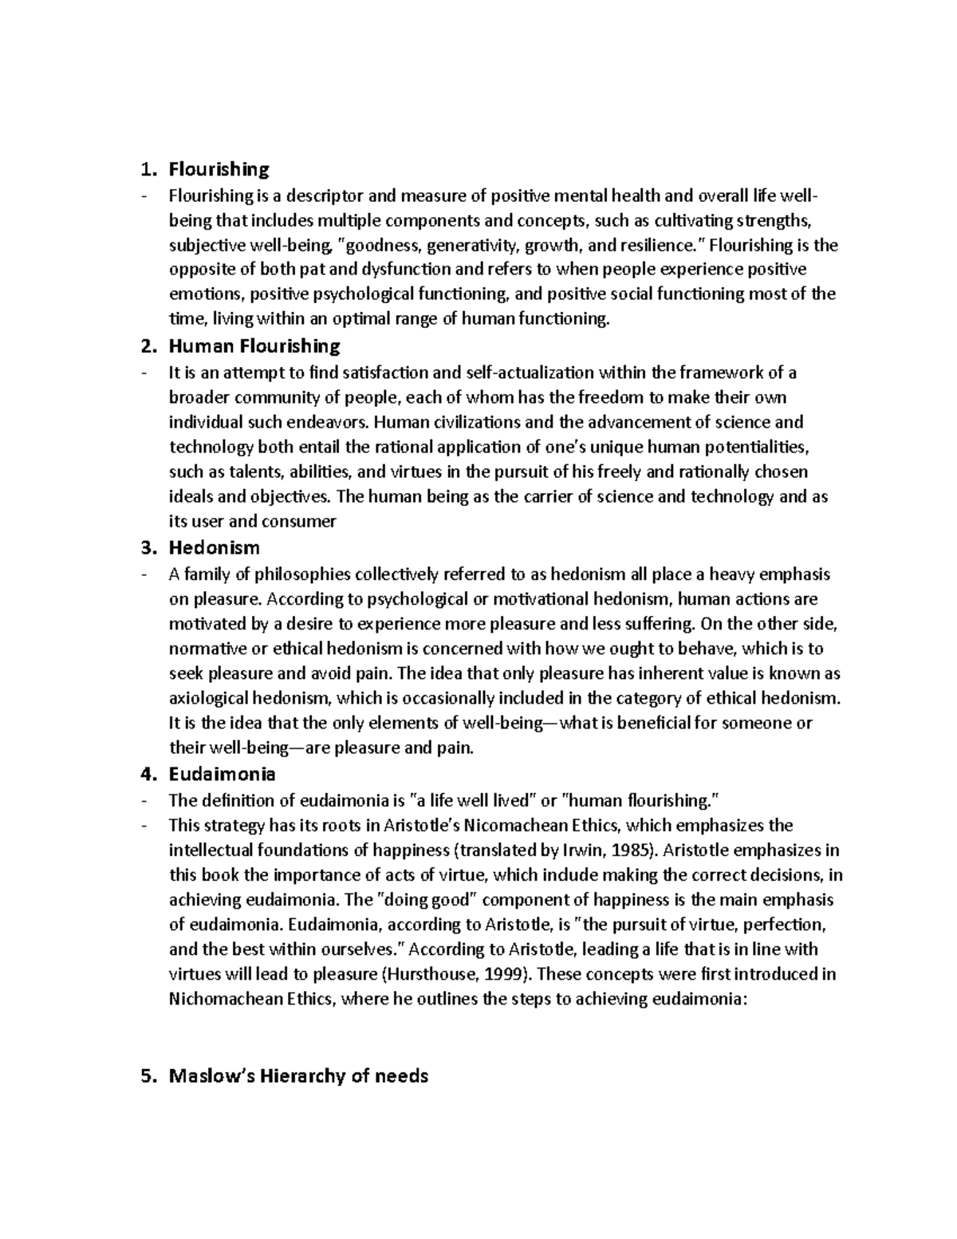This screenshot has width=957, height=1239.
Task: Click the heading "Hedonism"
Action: [214, 548]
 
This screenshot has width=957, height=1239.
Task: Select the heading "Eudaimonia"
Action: [223, 774]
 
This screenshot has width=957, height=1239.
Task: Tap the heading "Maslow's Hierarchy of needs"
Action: [298, 1075]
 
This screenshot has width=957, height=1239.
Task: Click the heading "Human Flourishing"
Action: [254, 346]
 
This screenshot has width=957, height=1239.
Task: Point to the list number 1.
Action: [144, 169]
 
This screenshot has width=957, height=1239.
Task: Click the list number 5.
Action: [144, 1075]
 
